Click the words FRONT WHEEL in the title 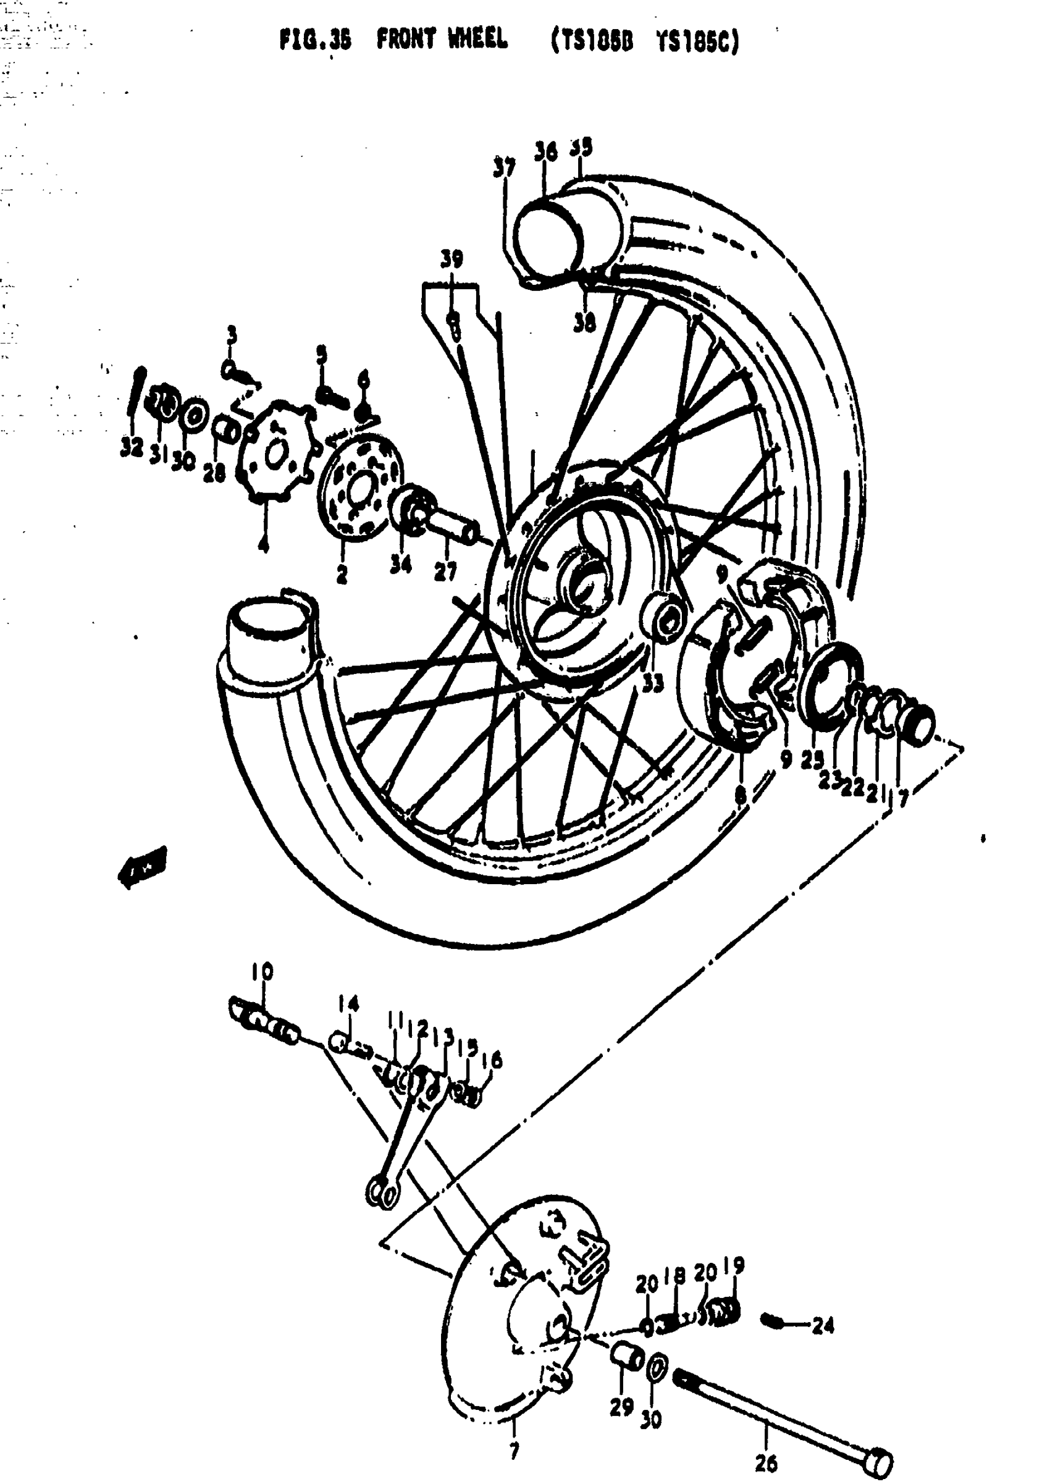[442, 40]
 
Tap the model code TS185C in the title [699, 42]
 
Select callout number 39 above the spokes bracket [451, 260]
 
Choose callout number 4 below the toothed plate [262, 544]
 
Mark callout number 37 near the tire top [505, 167]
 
